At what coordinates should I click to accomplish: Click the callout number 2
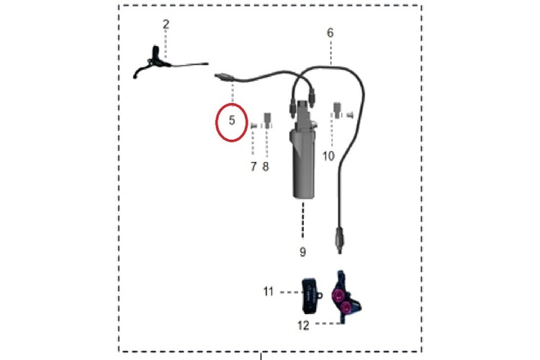166,24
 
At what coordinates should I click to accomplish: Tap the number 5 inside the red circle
232,120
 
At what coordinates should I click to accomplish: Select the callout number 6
330,32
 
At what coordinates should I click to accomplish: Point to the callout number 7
254,167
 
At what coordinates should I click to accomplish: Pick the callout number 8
266,167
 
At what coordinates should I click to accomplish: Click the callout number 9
302,252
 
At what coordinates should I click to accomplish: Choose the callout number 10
328,156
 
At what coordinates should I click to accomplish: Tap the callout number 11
269,292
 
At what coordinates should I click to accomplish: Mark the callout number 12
303,325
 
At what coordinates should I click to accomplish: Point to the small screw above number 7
254,126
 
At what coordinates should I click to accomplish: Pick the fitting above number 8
267,120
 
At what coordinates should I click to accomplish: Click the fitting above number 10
337,110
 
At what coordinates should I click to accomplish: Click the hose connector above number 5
224,77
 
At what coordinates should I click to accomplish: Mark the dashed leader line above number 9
303,220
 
